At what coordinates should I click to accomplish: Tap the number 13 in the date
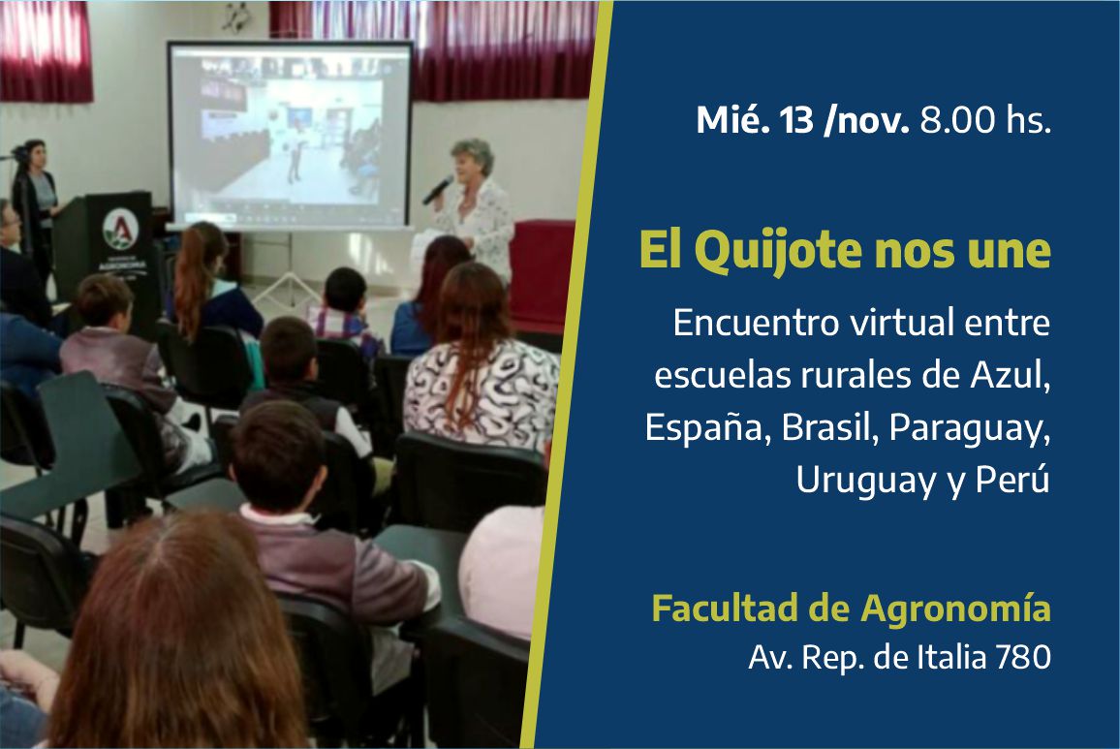pyautogui.click(x=796, y=120)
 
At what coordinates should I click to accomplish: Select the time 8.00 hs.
pyautogui.click(x=985, y=120)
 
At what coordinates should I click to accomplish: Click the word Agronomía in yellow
pyautogui.click(x=955, y=609)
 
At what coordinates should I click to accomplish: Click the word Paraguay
pyautogui.click(x=970, y=430)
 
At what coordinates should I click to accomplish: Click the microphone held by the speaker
pyautogui.click(x=436, y=191)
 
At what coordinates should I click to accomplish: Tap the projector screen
pyautogui.click(x=290, y=135)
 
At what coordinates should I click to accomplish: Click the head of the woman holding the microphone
pyautogui.click(x=472, y=159)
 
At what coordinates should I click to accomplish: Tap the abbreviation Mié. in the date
pyautogui.click(x=733, y=120)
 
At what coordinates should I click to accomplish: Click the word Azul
pyautogui.click(x=1010, y=376)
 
